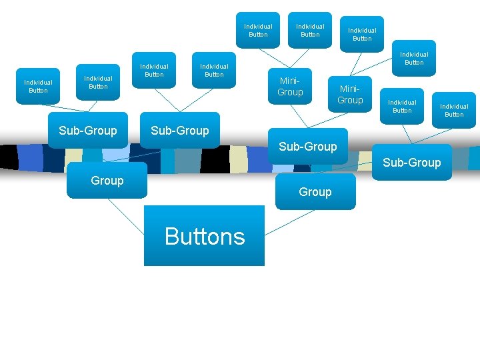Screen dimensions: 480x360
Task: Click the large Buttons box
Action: click(204, 236)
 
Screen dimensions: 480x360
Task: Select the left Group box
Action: click(107, 180)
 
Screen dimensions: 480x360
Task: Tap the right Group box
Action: click(315, 192)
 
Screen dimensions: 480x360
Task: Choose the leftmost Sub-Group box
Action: click(87, 130)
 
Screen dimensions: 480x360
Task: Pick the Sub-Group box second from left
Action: click(179, 130)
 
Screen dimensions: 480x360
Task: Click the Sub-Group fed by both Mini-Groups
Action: click(307, 146)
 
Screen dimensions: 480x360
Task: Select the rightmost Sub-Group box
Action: click(411, 162)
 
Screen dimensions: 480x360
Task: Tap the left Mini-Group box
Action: click(290, 87)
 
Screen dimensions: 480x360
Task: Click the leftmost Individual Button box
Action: click(38, 86)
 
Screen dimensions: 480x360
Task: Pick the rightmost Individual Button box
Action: click(454, 110)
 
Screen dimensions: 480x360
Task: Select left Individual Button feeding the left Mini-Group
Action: click(258, 30)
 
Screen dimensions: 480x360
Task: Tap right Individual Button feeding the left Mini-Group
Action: click(310, 30)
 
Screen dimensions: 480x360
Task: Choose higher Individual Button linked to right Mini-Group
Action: click(362, 34)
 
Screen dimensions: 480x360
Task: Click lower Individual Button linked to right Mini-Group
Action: click(414, 58)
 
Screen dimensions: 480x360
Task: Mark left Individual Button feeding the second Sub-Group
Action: click(154, 70)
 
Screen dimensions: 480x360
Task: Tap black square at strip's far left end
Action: click(9, 157)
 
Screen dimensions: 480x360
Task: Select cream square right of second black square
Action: click(238, 158)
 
